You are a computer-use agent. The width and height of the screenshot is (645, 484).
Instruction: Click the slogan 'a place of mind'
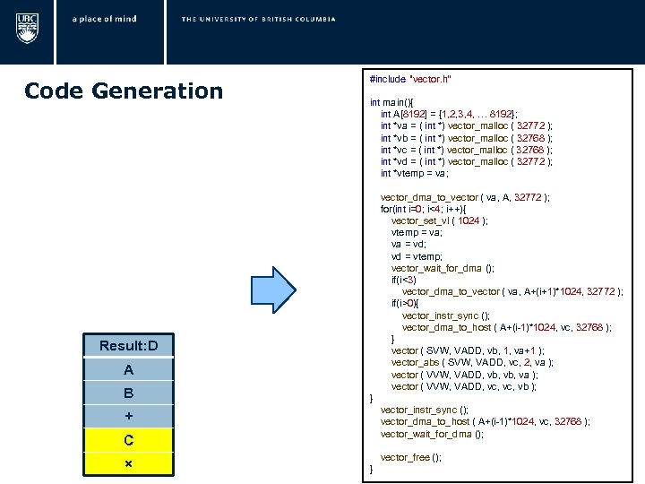click(105, 19)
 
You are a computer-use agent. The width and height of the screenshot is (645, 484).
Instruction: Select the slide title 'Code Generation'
click(124, 91)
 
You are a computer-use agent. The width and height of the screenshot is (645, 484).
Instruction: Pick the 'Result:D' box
click(128, 346)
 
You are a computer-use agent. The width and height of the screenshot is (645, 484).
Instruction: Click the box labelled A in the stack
click(128, 369)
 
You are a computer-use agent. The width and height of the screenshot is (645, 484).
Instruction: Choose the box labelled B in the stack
click(128, 393)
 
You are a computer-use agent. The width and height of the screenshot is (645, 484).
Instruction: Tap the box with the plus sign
click(128, 416)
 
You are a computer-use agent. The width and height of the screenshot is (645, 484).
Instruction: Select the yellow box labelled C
click(128, 440)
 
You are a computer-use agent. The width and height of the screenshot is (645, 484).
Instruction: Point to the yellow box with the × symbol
click(128, 463)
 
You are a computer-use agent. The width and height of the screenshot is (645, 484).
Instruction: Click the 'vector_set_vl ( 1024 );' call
click(439, 220)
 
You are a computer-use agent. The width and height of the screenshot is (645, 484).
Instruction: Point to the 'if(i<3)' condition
click(408, 280)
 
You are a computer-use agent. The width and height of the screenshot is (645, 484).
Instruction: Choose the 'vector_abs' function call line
click(472, 362)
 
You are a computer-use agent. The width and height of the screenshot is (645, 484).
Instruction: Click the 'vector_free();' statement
click(411, 457)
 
